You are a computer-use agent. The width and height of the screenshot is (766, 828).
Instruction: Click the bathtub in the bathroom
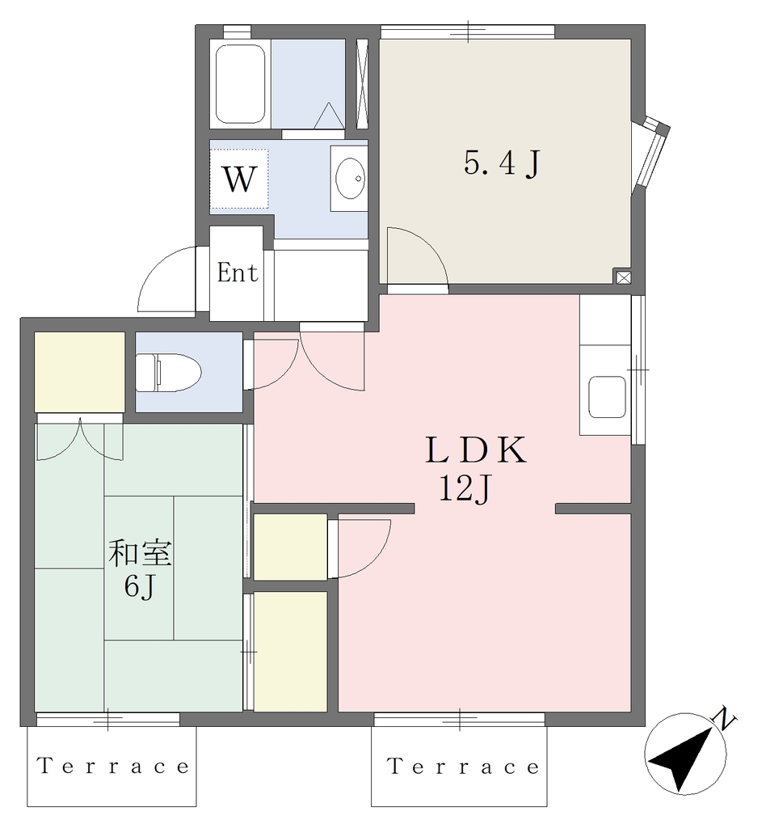pyautogui.click(x=240, y=83)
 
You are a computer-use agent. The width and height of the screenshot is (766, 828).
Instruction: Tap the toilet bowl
pyautogui.click(x=168, y=372)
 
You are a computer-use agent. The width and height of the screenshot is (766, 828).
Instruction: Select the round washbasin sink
pyautogui.click(x=351, y=178)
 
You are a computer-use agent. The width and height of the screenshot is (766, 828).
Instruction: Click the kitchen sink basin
pyautogui.click(x=607, y=396)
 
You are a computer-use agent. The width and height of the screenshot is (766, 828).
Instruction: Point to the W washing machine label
pyautogui.click(x=240, y=179)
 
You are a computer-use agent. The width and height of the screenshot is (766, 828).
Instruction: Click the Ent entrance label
pyautogui.click(x=237, y=273)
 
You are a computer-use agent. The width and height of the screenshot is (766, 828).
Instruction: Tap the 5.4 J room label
pyautogui.click(x=503, y=163)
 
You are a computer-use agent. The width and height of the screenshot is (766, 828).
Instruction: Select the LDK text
pyautogui.click(x=476, y=450)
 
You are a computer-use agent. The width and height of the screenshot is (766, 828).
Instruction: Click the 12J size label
pyautogui.click(x=465, y=489)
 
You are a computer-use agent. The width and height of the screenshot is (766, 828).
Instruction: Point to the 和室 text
pyautogui.click(x=140, y=553)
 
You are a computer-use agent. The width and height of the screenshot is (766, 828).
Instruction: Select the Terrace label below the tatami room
pyautogui.click(x=113, y=766)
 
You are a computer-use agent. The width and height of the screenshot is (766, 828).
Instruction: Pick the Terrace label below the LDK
pyautogui.click(x=464, y=766)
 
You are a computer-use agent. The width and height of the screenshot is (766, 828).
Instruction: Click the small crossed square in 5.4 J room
pyautogui.click(x=622, y=277)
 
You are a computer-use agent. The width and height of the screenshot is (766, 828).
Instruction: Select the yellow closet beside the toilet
pyautogui.click(x=80, y=372)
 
